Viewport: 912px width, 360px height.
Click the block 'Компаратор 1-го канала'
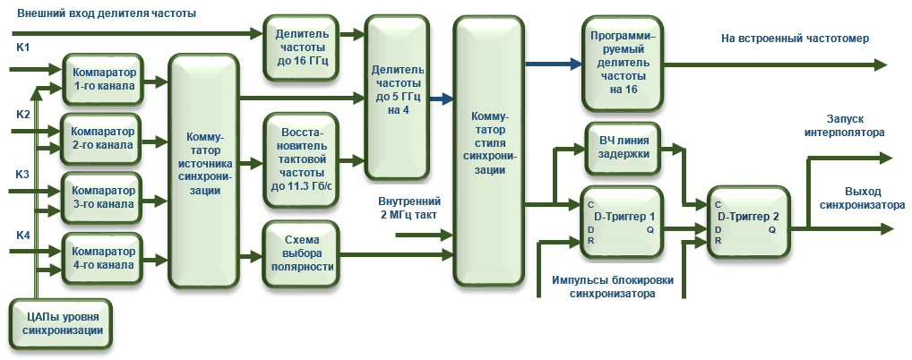click(104, 79)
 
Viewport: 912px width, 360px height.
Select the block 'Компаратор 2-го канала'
click(104, 137)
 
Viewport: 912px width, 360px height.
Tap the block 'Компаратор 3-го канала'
click(104, 198)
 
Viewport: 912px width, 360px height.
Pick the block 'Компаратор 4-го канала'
click(104, 258)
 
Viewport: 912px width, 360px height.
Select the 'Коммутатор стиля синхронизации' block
click(489, 152)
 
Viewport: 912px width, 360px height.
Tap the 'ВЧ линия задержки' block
click(624, 146)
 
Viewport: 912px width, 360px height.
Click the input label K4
click(23, 235)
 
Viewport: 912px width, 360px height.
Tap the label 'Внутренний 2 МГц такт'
click(409, 208)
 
